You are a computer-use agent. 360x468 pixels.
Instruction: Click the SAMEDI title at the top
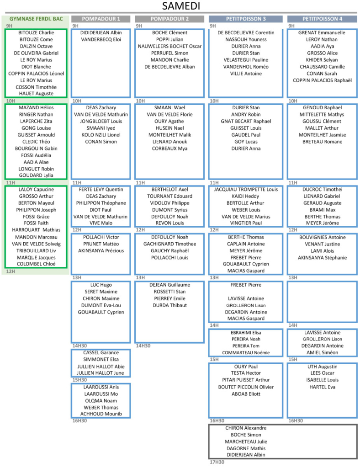point(181,6)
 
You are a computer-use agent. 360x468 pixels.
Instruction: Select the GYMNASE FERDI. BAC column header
point(36,19)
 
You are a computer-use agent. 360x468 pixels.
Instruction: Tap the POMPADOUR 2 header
point(169,19)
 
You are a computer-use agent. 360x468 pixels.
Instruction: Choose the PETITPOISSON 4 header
point(322,19)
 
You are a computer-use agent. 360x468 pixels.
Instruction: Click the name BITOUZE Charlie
point(36,32)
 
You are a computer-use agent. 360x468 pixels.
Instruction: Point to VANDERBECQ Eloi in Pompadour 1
point(101,39)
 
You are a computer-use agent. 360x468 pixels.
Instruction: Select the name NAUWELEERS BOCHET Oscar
point(169,46)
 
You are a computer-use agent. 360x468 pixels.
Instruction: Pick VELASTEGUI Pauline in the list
point(246,60)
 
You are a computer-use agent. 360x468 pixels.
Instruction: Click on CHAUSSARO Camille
point(322,67)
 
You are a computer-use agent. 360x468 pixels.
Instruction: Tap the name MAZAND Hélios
point(36,107)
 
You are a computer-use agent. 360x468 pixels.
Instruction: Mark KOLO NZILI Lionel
point(101,135)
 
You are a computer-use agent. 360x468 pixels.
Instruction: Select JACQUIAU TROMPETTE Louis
point(246,189)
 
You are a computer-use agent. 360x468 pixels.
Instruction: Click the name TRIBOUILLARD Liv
point(36,251)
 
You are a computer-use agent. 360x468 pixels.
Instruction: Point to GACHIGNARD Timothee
point(169,244)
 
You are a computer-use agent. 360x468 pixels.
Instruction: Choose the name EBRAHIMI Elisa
point(246,333)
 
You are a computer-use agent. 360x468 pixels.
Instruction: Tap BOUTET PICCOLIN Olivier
point(246,387)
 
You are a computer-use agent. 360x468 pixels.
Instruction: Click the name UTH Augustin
point(323,367)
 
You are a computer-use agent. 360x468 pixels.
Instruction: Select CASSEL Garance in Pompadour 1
point(101,352)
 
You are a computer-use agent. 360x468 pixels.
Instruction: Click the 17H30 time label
point(217,462)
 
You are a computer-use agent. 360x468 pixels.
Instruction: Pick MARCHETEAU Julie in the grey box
point(246,441)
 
